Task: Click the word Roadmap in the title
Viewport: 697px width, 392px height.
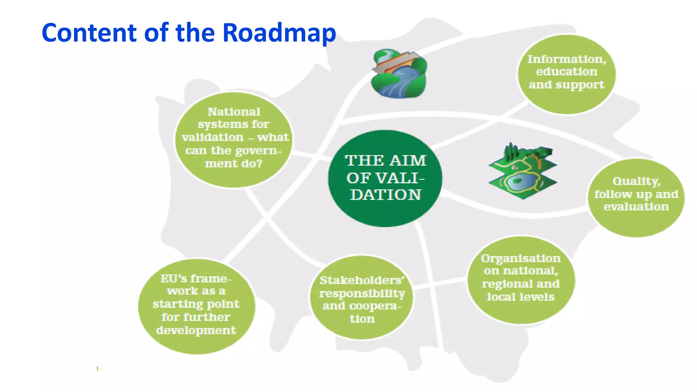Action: click(x=279, y=33)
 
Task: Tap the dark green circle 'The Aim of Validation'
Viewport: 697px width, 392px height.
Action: click(x=385, y=178)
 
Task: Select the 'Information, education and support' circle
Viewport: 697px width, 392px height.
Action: click(x=566, y=74)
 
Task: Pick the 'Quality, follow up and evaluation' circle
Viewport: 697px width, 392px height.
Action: click(x=636, y=197)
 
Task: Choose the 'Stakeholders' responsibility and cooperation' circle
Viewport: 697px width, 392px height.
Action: click(x=361, y=297)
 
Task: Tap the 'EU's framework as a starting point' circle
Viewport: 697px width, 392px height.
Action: click(x=196, y=306)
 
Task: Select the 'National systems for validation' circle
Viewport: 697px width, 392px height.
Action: click(x=234, y=140)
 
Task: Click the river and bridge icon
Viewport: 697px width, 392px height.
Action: click(x=399, y=73)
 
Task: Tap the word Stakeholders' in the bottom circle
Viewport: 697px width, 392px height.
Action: click(x=362, y=280)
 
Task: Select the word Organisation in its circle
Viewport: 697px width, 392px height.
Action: click(x=521, y=258)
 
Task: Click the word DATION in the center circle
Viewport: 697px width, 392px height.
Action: click(x=386, y=195)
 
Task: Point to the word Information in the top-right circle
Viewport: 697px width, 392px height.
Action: click(x=567, y=59)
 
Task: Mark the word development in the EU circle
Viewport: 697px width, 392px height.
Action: click(x=196, y=330)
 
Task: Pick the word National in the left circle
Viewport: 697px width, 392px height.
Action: click(x=234, y=112)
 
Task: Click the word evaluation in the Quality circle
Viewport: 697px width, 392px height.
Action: click(x=636, y=207)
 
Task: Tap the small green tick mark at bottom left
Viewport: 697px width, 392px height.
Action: click(x=98, y=368)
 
